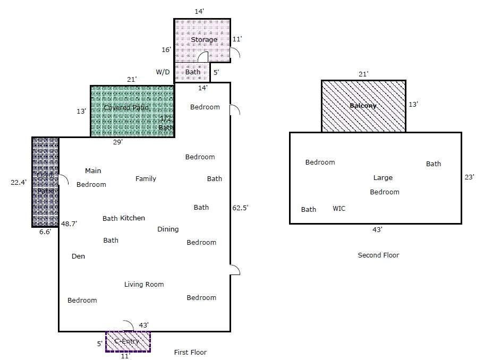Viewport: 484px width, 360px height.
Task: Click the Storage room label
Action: tap(204, 40)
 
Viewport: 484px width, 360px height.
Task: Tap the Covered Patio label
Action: tap(126, 108)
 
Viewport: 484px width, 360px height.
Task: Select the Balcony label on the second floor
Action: tap(363, 106)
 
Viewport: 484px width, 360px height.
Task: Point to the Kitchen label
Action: tap(132, 218)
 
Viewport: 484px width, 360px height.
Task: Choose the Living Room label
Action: tap(144, 285)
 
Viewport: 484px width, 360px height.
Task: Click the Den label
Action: tap(78, 256)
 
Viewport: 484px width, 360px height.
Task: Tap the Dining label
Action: tap(168, 229)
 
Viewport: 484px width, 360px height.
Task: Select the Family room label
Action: tap(146, 179)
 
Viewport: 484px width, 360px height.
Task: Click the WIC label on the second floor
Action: tap(339, 209)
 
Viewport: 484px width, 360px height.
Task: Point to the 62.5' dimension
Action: tap(240, 208)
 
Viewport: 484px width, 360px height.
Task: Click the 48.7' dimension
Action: tap(69, 224)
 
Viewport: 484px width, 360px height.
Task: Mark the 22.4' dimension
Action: tap(19, 182)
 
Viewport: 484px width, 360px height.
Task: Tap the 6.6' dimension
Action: tap(45, 232)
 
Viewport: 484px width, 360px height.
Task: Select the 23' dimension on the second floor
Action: tap(469, 177)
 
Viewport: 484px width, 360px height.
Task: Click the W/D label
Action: tap(163, 72)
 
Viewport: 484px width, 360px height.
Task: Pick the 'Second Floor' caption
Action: tap(378, 255)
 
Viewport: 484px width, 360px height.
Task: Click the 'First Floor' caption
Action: tap(190, 353)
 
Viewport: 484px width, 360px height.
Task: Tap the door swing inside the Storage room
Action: tap(202, 57)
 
